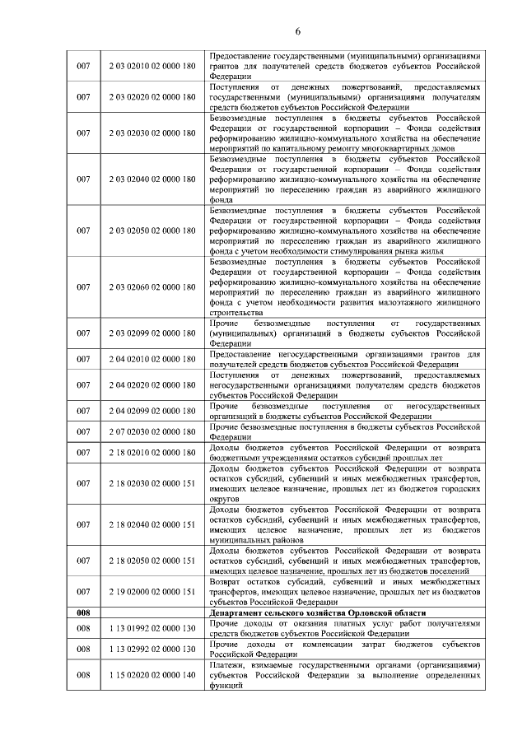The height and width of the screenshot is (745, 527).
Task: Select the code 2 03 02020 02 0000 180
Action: pos(152,97)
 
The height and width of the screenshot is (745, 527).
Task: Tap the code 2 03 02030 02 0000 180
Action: pos(152,133)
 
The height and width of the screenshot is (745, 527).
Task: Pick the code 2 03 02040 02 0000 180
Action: pos(152,179)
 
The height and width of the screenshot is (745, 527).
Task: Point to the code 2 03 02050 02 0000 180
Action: pos(152,230)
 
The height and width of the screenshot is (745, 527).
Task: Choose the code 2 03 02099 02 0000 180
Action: pos(152,333)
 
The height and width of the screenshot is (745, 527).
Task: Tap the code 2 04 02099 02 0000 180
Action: pos(152,411)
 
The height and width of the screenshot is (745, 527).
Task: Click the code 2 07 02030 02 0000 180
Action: pos(152,431)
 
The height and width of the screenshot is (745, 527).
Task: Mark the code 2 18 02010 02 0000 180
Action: pos(152,452)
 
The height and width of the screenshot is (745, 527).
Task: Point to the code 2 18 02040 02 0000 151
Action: pos(152,524)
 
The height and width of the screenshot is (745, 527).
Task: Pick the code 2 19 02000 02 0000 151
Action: pos(152,591)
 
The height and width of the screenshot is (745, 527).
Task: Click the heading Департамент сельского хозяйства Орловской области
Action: pos(318,613)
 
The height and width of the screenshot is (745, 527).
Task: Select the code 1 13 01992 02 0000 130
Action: pos(152,630)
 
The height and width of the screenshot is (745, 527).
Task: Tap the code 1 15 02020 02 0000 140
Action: pos(152,674)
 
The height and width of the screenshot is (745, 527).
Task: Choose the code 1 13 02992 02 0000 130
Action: pos(152,650)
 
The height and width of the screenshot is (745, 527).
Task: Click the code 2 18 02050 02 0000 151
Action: pos(152,560)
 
